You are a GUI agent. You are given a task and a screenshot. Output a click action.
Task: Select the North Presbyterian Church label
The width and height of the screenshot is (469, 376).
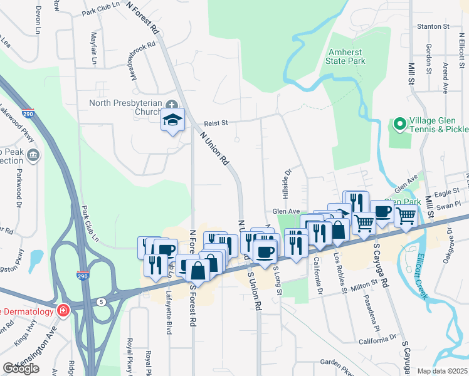[x=126, y=108]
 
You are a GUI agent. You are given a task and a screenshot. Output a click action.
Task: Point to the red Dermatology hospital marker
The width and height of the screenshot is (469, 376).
[x=63, y=310]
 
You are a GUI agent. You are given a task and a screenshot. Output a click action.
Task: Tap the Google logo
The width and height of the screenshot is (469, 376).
[x=21, y=368]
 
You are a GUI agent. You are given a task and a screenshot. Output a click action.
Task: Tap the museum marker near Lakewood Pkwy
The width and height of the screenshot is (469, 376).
[x=33, y=154]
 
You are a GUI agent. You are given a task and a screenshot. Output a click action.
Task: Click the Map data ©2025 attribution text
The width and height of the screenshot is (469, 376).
[x=442, y=371]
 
